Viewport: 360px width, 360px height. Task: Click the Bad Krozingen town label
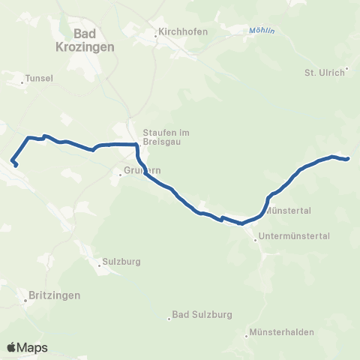(94, 39)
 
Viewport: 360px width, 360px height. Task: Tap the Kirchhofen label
(181, 33)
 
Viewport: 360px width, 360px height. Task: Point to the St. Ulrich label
(323, 73)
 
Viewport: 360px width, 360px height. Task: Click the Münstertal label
(288, 211)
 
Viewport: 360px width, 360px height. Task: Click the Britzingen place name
(53, 295)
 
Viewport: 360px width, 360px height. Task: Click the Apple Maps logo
(27, 347)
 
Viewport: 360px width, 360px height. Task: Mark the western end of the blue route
(16, 165)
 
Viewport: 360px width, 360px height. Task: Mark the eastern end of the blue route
(349, 159)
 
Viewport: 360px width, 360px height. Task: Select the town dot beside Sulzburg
(100, 264)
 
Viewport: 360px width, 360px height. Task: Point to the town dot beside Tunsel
(23, 82)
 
